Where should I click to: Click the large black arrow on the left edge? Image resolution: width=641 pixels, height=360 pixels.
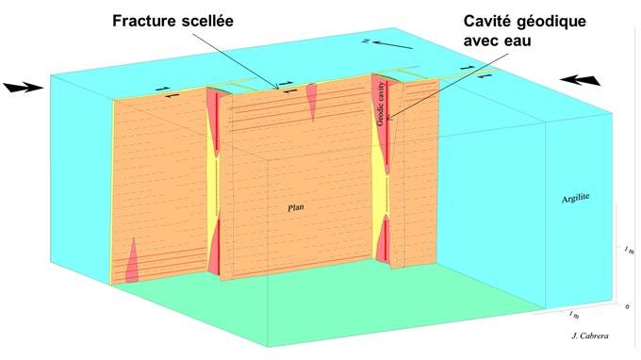pos(22,88)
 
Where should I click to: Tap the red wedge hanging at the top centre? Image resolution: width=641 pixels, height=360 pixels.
pos(310,104)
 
